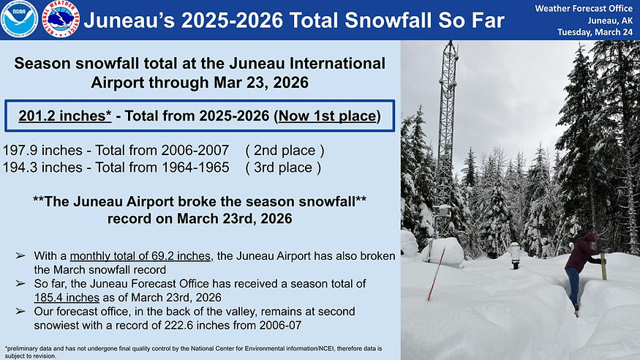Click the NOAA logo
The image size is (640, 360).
click(x=18, y=18)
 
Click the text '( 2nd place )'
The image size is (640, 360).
click(x=285, y=150)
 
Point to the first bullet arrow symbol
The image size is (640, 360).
click(x=20, y=256)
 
